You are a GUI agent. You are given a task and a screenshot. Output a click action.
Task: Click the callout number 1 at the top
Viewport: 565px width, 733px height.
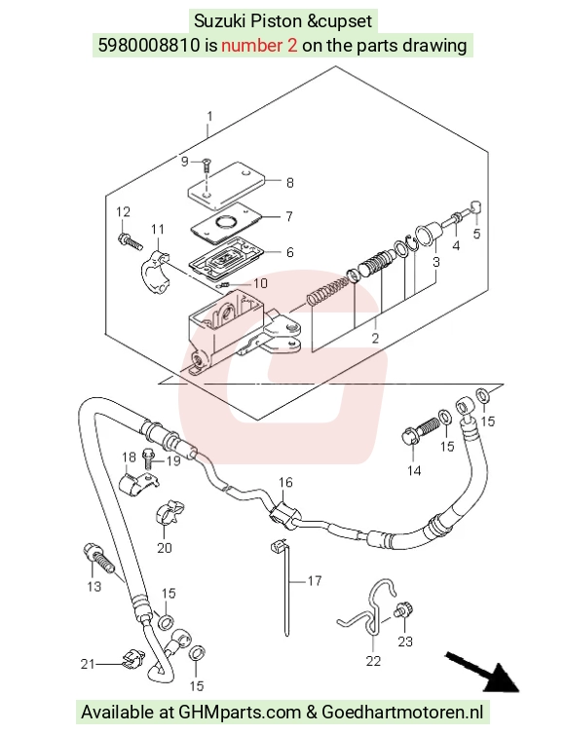(x=209, y=116)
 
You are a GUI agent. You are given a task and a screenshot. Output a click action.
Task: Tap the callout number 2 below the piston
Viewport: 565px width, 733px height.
(x=375, y=338)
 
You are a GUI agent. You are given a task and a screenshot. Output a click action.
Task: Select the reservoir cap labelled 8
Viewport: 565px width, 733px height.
(x=226, y=185)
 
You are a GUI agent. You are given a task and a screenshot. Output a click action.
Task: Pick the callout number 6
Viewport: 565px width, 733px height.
(x=290, y=252)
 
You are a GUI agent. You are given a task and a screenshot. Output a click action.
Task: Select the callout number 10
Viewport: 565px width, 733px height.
(x=260, y=283)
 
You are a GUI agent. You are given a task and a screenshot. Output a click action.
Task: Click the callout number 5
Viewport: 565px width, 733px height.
(x=476, y=234)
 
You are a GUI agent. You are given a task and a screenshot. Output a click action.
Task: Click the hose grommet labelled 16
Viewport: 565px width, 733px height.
(x=282, y=515)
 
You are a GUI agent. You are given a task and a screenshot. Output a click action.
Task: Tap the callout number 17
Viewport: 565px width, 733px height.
(x=315, y=580)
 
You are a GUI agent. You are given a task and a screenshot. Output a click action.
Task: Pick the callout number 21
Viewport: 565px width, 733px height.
(x=88, y=664)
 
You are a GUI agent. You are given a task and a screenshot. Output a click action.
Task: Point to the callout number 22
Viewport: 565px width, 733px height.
(x=373, y=661)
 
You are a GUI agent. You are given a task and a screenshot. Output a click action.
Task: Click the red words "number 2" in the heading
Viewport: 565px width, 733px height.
(x=259, y=46)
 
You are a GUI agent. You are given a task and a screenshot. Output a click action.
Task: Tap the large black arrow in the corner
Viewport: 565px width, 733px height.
(x=482, y=673)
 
